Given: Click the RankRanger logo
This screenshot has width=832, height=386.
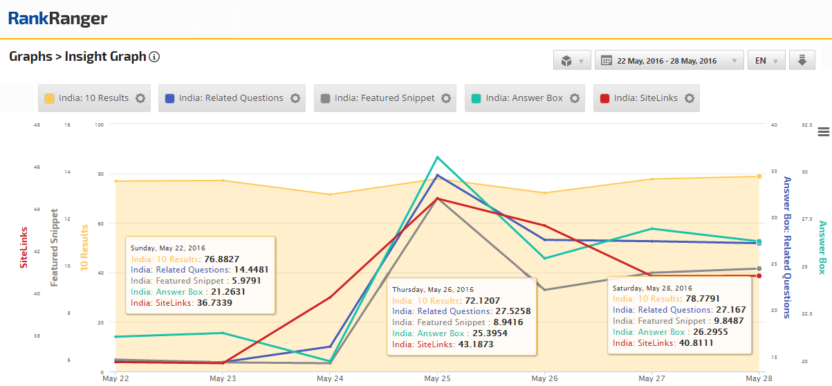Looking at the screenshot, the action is [x=57, y=19].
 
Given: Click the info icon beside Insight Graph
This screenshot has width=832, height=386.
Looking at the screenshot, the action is [x=154, y=57].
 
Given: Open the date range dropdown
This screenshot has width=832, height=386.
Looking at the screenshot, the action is [x=669, y=60].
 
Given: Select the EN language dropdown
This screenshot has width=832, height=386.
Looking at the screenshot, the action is [x=766, y=60].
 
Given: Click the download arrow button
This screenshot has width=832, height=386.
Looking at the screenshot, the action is [x=802, y=60].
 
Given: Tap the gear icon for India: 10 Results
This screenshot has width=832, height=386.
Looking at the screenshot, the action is [x=140, y=98].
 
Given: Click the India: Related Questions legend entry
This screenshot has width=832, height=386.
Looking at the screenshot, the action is [x=232, y=98].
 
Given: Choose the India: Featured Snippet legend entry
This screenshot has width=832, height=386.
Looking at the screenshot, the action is [x=385, y=98].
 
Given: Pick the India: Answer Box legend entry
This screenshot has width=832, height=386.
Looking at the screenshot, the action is [x=525, y=98].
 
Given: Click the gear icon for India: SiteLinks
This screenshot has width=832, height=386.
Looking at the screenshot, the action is [x=690, y=98].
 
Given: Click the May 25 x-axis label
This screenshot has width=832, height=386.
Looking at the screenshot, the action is [x=437, y=378].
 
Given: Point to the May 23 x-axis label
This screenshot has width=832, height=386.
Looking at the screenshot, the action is [x=223, y=378].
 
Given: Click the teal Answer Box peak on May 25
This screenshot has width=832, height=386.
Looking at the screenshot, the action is [x=438, y=157].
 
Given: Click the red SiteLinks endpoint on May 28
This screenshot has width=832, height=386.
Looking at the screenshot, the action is [x=759, y=275].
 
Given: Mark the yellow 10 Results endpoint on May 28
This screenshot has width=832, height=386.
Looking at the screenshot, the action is [x=759, y=176].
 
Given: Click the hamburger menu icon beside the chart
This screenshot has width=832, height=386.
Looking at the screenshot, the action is [x=824, y=132].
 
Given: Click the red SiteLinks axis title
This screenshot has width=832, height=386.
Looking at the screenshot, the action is [x=24, y=248].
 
